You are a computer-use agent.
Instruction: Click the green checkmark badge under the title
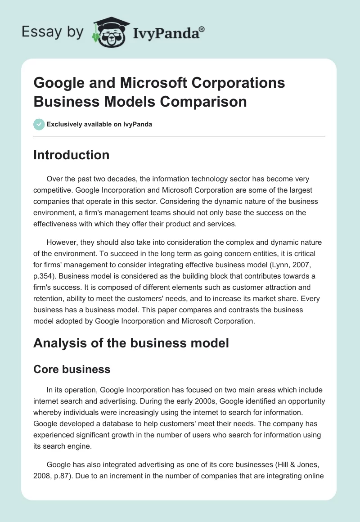click(39, 124)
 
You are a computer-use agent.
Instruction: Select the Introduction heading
click(72, 155)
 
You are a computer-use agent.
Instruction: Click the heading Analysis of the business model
click(131, 343)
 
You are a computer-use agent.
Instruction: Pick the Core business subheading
click(72, 369)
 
